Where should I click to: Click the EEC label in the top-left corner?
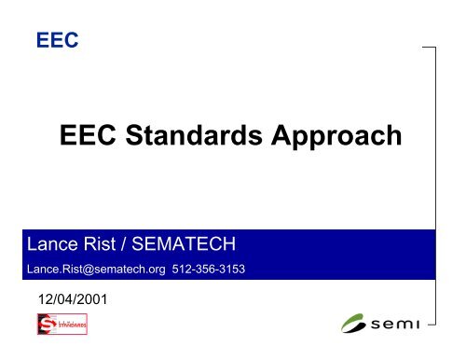(x=50, y=40)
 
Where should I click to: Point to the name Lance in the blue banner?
(x=53, y=245)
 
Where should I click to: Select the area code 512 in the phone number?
(x=182, y=270)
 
